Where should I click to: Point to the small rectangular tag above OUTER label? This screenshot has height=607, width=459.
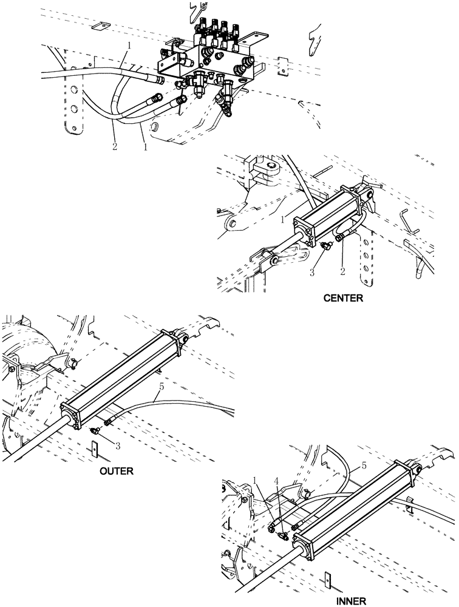click(94, 449)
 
